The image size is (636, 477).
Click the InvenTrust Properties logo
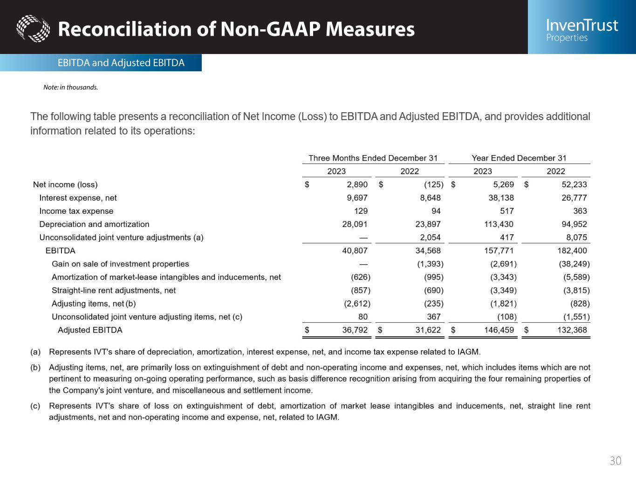pos(581,29)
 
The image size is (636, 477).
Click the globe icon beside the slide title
pos(33,28)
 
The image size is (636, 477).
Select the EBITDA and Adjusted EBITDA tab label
pos(121,63)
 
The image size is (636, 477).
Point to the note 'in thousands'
pos(71,87)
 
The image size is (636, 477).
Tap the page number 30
pos(615,461)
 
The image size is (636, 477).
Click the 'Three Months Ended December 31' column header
pos(373,158)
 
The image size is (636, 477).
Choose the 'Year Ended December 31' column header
pos(519,158)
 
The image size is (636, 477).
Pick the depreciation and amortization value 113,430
pos(499,224)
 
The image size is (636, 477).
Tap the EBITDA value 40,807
pos(355,251)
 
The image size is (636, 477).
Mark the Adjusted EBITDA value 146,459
pos(499,330)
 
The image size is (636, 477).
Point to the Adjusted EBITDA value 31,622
pos(428,330)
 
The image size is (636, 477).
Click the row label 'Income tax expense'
pos(76,211)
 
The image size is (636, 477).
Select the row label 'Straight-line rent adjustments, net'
pos(114,290)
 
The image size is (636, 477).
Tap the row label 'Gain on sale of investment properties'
pos(120,264)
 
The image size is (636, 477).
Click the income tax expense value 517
pos(506,211)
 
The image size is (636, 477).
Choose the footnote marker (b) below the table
pos(35,368)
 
